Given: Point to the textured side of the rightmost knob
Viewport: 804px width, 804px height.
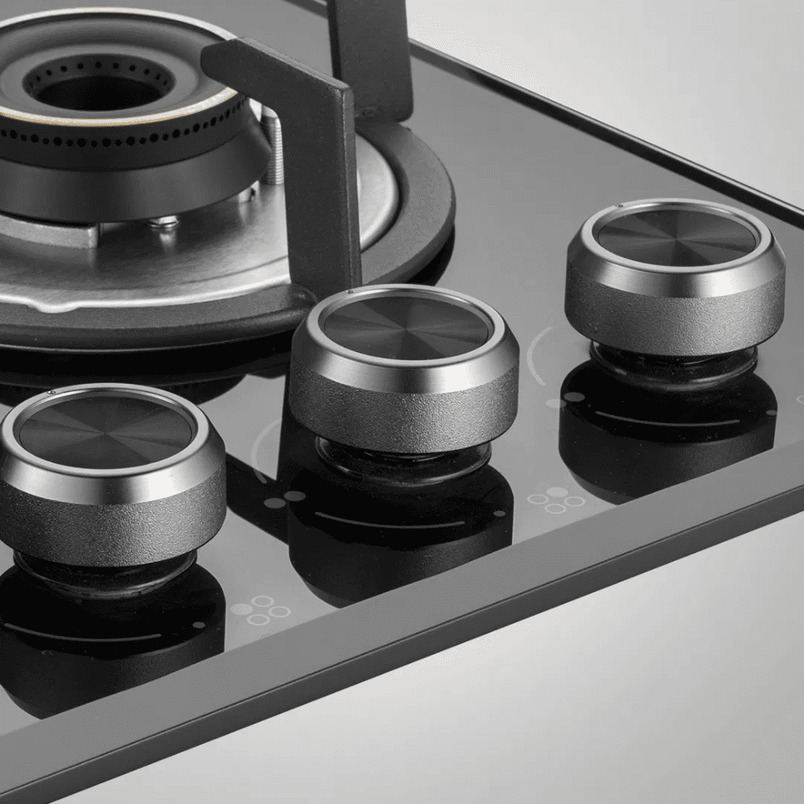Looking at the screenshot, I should tap(675, 322).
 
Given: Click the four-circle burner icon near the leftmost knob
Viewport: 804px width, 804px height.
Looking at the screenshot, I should tap(259, 610).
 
